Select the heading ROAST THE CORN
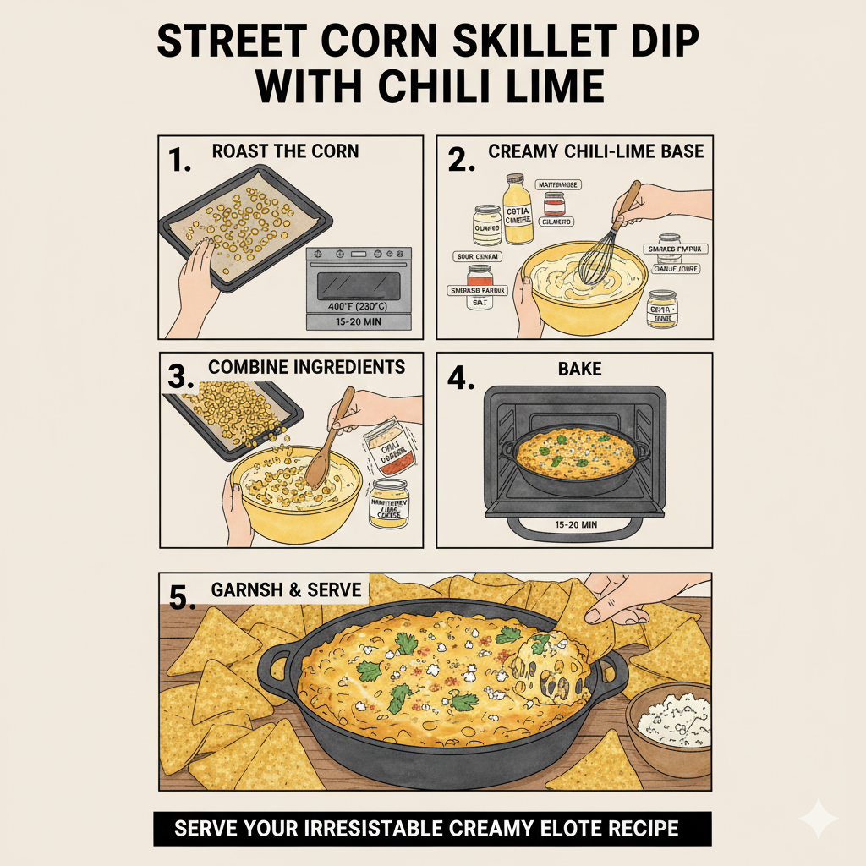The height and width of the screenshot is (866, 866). pyautogui.click(x=285, y=151)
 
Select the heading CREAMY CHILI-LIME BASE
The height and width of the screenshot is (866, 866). pyautogui.click(x=596, y=151)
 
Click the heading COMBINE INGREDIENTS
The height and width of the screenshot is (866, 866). pyautogui.click(x=307, y=367)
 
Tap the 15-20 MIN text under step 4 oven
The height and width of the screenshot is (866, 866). pyautogui.click(x=574, y=524)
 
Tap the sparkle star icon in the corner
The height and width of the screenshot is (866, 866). pyautogui.click(x=818, y=819)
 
